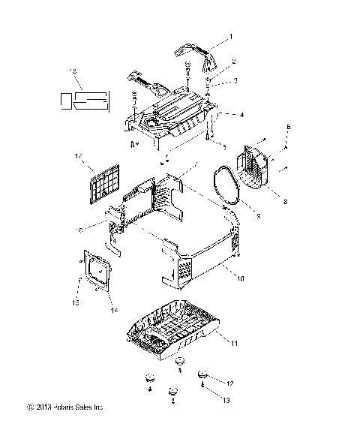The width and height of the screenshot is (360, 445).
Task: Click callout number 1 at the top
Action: click(232, 36)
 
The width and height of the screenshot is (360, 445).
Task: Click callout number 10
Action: click(241, 278)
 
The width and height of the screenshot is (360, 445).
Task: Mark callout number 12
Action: click(229, 383)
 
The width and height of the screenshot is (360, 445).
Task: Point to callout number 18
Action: click(73, 71)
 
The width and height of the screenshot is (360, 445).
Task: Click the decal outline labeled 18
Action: click(85, 99)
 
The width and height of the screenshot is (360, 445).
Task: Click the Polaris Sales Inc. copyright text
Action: click(64, 407)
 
